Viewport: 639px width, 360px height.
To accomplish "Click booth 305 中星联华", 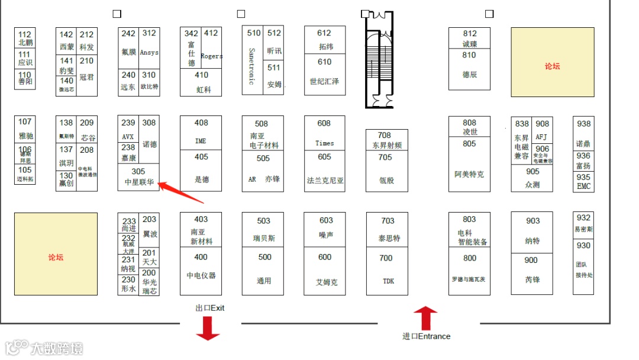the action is [138, 177].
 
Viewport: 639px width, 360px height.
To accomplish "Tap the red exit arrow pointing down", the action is [208, 328].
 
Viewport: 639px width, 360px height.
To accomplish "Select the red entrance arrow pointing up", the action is [425, 318].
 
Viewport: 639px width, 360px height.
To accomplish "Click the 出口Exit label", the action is [210, 308].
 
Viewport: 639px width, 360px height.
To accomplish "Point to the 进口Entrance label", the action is [426, 336].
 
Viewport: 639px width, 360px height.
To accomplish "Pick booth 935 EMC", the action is [583, 182].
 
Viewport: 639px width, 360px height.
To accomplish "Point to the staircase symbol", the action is [379, 59].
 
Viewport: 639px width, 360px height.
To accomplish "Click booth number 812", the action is [470, 34].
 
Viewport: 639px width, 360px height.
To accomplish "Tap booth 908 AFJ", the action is [543, 130].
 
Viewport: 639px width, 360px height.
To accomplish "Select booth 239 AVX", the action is [128, 130].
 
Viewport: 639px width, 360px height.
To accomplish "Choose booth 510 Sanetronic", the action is [253, 59].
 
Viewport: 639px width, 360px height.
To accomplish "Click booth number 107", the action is [25, 121].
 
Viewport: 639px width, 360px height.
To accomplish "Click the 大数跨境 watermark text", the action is [57, 348].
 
